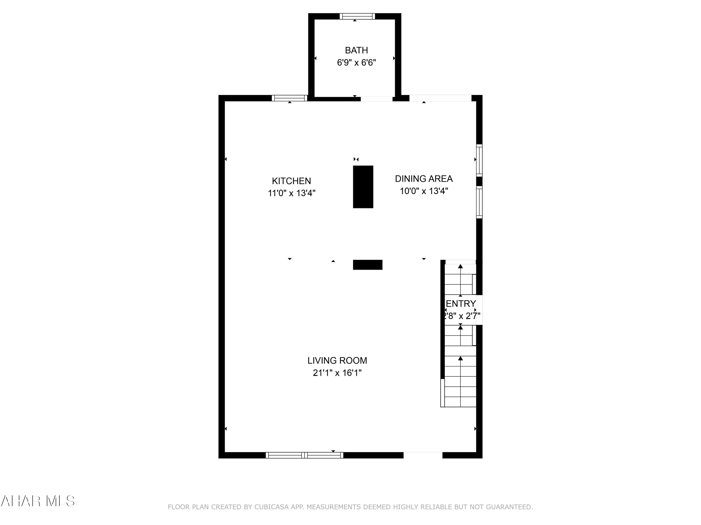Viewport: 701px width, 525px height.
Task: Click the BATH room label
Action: pos(356,50)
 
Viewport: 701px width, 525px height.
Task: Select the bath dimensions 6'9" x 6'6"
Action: pos(356,63)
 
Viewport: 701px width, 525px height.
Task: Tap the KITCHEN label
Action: pos(291,181)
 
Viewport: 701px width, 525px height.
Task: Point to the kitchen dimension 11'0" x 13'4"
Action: pos(291,193)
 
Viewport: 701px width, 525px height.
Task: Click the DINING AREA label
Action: pos(423,179)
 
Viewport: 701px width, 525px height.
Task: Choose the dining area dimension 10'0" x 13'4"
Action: pos(423,191)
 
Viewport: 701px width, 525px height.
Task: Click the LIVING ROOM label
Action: pos(337,360)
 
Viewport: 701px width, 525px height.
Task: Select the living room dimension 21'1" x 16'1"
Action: pos(337,373)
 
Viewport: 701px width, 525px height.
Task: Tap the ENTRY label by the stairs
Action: pos(461,304)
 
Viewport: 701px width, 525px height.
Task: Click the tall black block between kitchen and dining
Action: pos(363,187)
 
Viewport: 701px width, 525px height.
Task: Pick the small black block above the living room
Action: pos(367,265)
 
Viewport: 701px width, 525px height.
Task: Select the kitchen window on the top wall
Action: pos(289,98)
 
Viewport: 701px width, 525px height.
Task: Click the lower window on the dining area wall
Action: pos(479,202)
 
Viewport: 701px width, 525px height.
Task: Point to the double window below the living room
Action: pos(304,455)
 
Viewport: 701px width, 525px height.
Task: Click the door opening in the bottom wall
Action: pos(423,455)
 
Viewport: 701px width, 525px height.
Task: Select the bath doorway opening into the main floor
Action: pos(376,99)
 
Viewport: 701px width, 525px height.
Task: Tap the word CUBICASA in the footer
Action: pos(271,507)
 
